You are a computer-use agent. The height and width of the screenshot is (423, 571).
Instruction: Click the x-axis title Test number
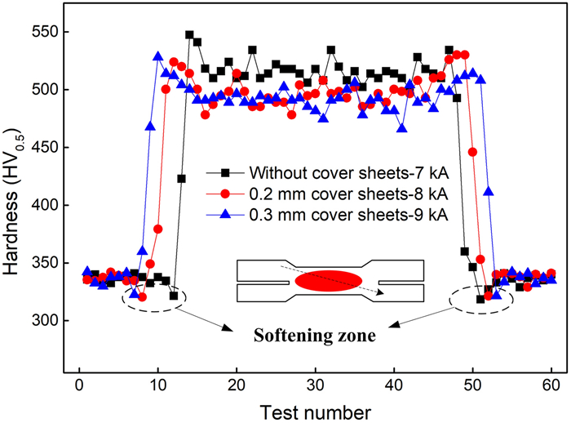point(315,409)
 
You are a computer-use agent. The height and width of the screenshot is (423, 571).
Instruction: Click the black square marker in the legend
point(224,173)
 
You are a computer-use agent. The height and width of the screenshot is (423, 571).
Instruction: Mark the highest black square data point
point(189,35)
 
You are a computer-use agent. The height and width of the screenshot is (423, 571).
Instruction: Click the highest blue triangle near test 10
point(158,56)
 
